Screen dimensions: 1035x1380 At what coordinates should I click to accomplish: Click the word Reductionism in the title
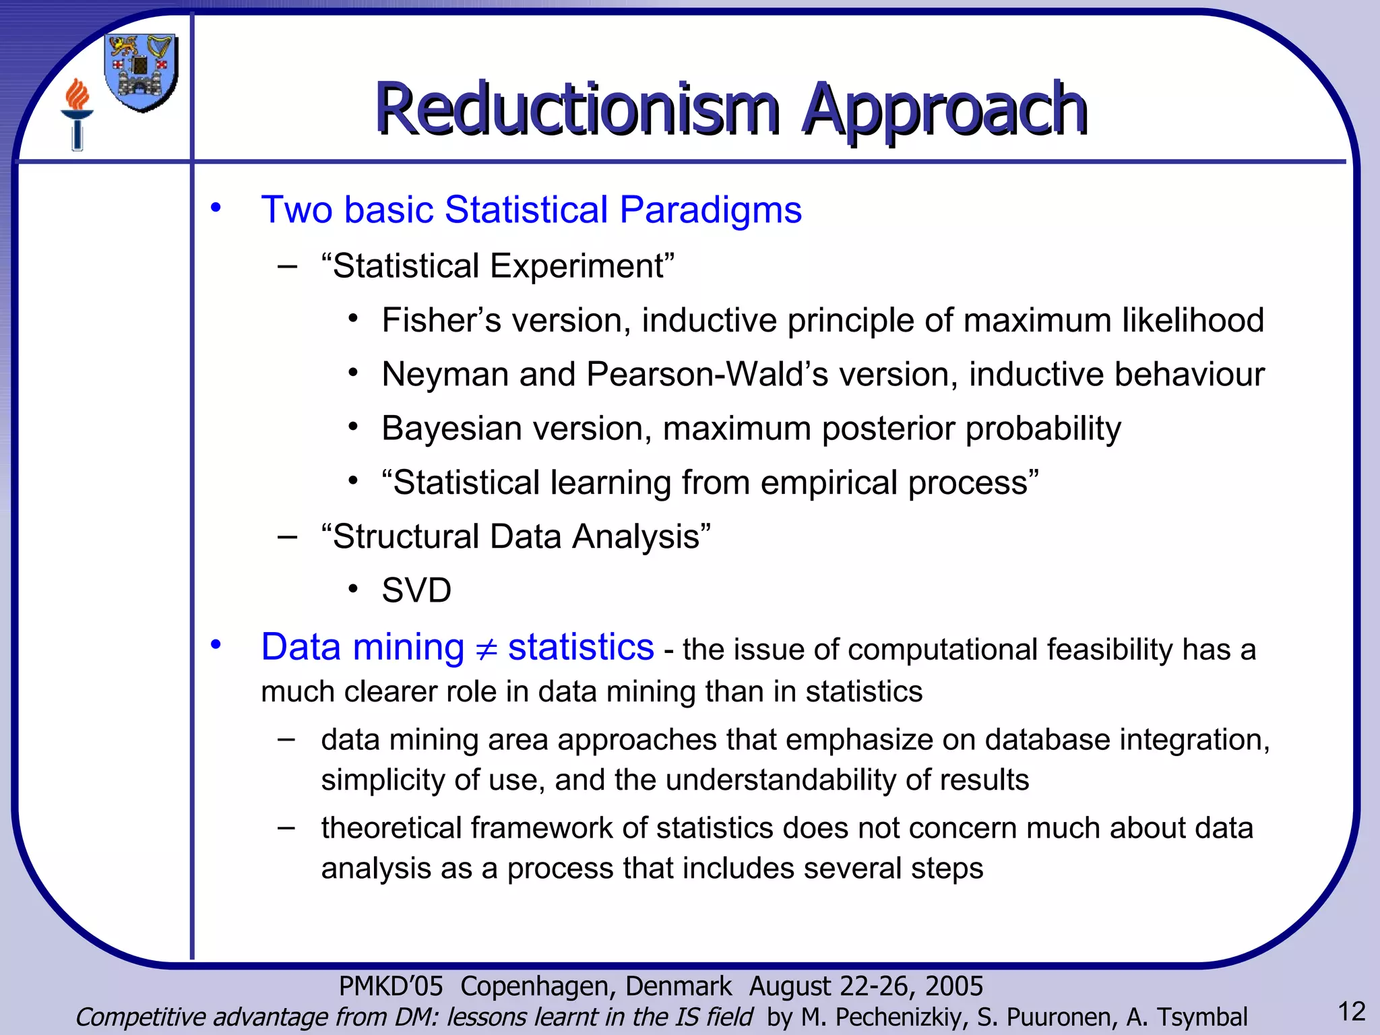point(577,109)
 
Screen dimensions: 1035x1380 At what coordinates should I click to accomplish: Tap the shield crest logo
point(142,72)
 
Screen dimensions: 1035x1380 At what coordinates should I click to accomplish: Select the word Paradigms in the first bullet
point(710,210)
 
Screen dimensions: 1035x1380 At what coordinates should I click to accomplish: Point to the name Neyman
point(445,375)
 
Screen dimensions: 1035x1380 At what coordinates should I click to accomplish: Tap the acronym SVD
point(416,591)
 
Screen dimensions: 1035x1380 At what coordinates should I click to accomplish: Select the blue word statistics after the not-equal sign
point(580,648)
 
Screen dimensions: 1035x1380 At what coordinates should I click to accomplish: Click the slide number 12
point(1351,1011)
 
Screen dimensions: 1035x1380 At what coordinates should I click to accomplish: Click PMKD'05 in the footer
point(391,986)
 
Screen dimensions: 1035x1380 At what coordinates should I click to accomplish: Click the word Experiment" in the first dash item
point(582,266)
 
